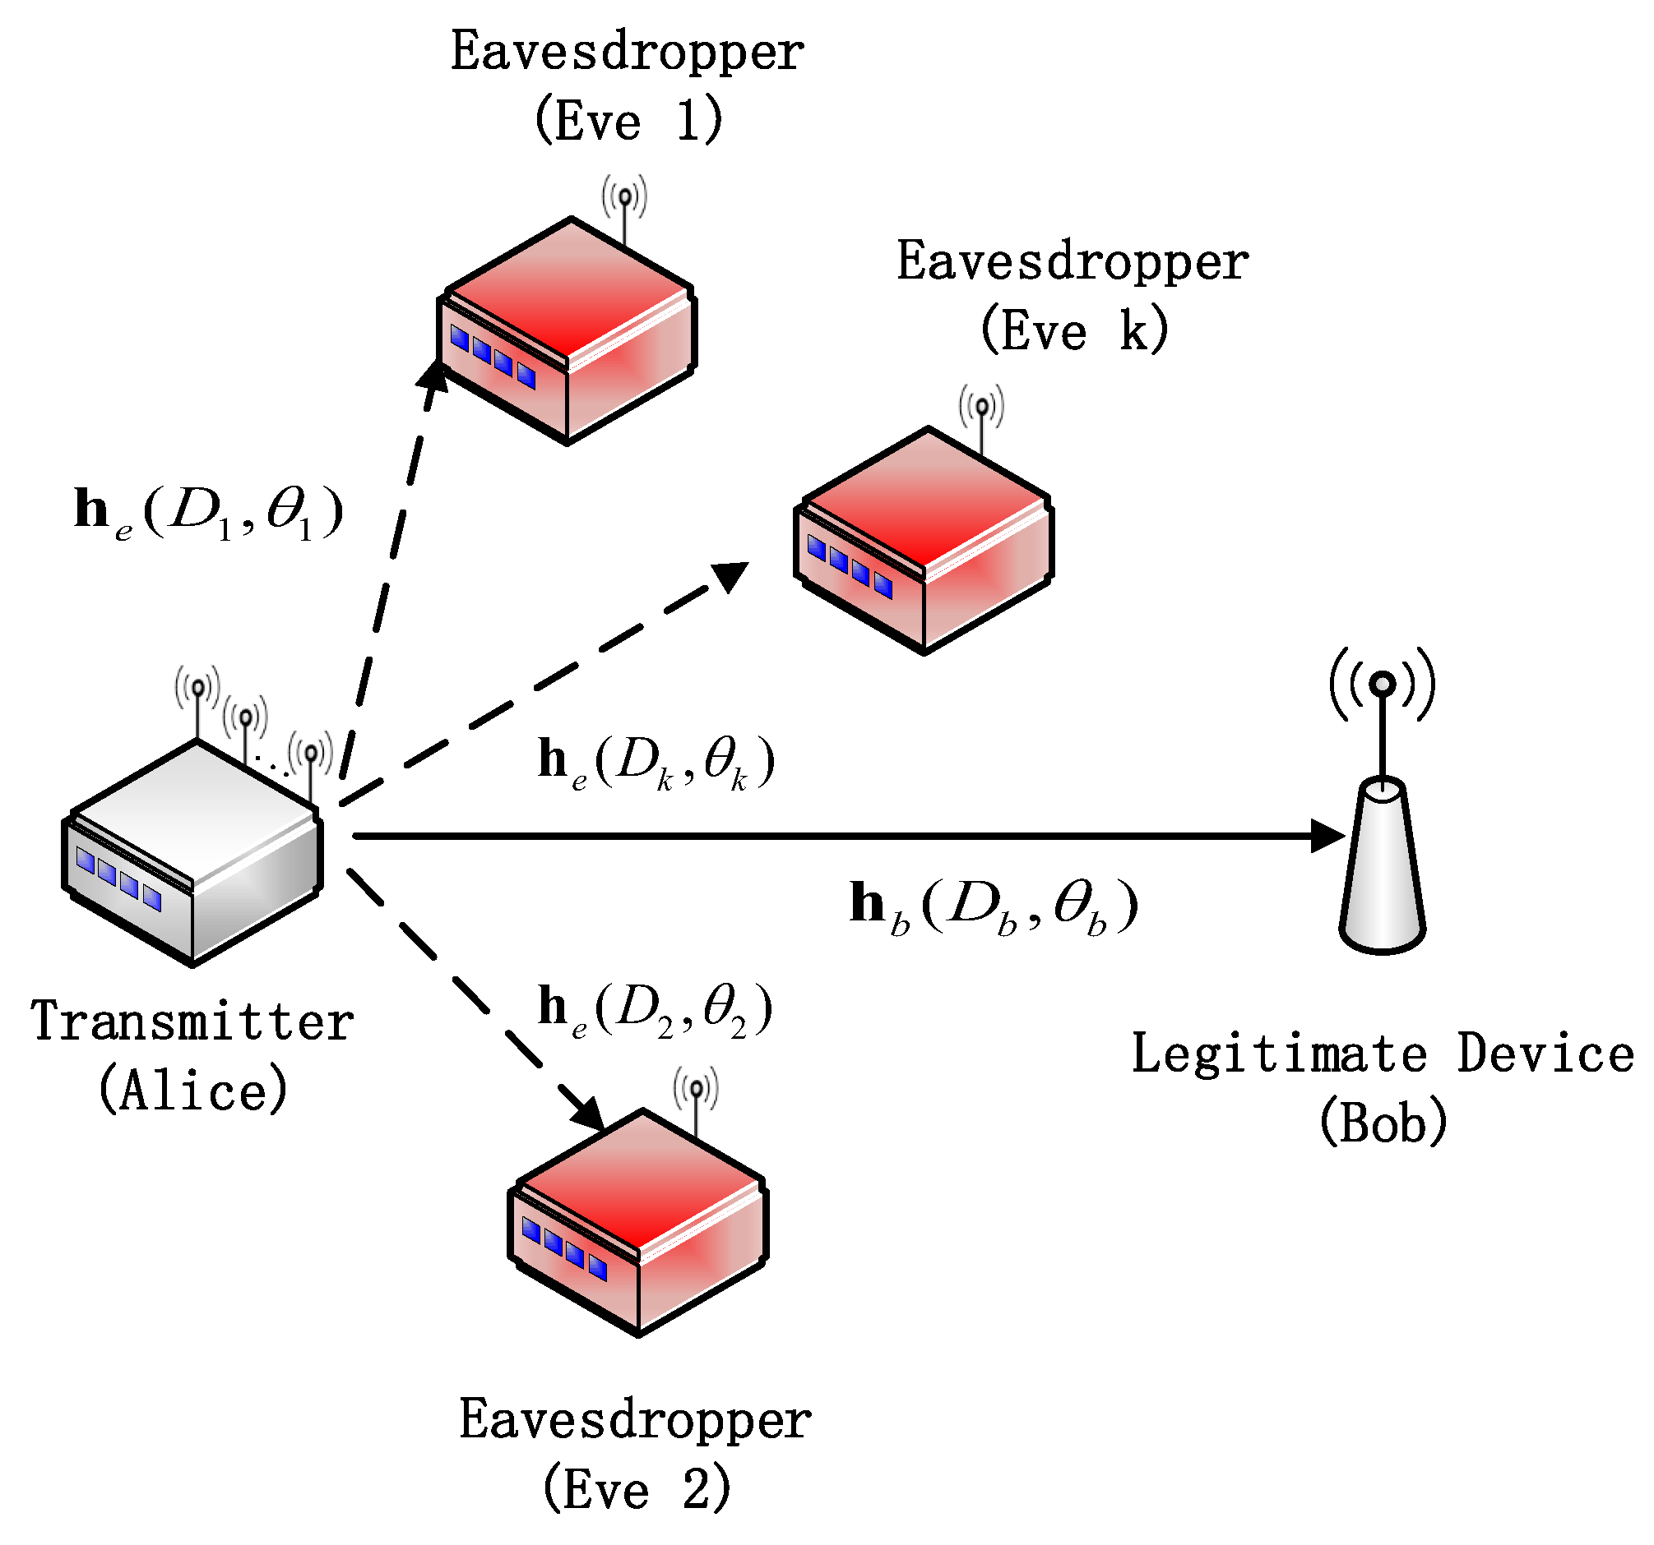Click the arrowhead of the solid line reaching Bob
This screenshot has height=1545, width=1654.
click(1327, 836)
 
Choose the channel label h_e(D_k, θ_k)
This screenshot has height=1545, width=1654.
click(656, 762)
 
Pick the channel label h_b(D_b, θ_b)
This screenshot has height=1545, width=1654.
click(994, 906)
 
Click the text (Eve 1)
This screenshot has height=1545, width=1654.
click(628, 122)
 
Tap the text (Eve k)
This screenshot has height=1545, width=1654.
click(1074, 331)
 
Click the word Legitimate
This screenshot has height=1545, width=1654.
click(1279, 1054)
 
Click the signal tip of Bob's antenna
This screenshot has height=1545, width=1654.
click(1382, 684)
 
